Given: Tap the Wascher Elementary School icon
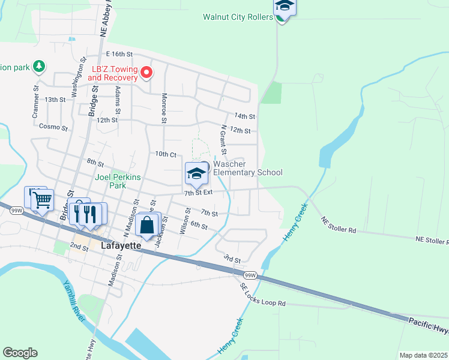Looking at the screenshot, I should click(x=196, y=173).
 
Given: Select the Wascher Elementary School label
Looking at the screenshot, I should click(x=247, y=168).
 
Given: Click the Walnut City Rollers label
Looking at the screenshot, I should click(x=238, y=17).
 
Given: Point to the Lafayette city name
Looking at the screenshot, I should click(x=121, y=246).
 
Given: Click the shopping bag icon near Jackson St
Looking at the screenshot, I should click(x=147, y=226).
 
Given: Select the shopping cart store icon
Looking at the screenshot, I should click(x=41, y=200).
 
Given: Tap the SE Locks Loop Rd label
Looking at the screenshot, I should click(x=263, y=297).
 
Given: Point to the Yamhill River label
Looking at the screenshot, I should click(x=74, y=301).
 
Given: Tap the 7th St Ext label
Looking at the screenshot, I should click(x=199, y=193).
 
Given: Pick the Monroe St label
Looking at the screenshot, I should click(x=163, y=108).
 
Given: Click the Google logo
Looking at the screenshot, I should click(x=20, y=353).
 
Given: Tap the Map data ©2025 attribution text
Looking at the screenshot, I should click(x=423, y=355).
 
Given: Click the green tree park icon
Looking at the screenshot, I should click(x=39, y=65).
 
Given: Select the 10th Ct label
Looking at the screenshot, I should click(x=166, y=154).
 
